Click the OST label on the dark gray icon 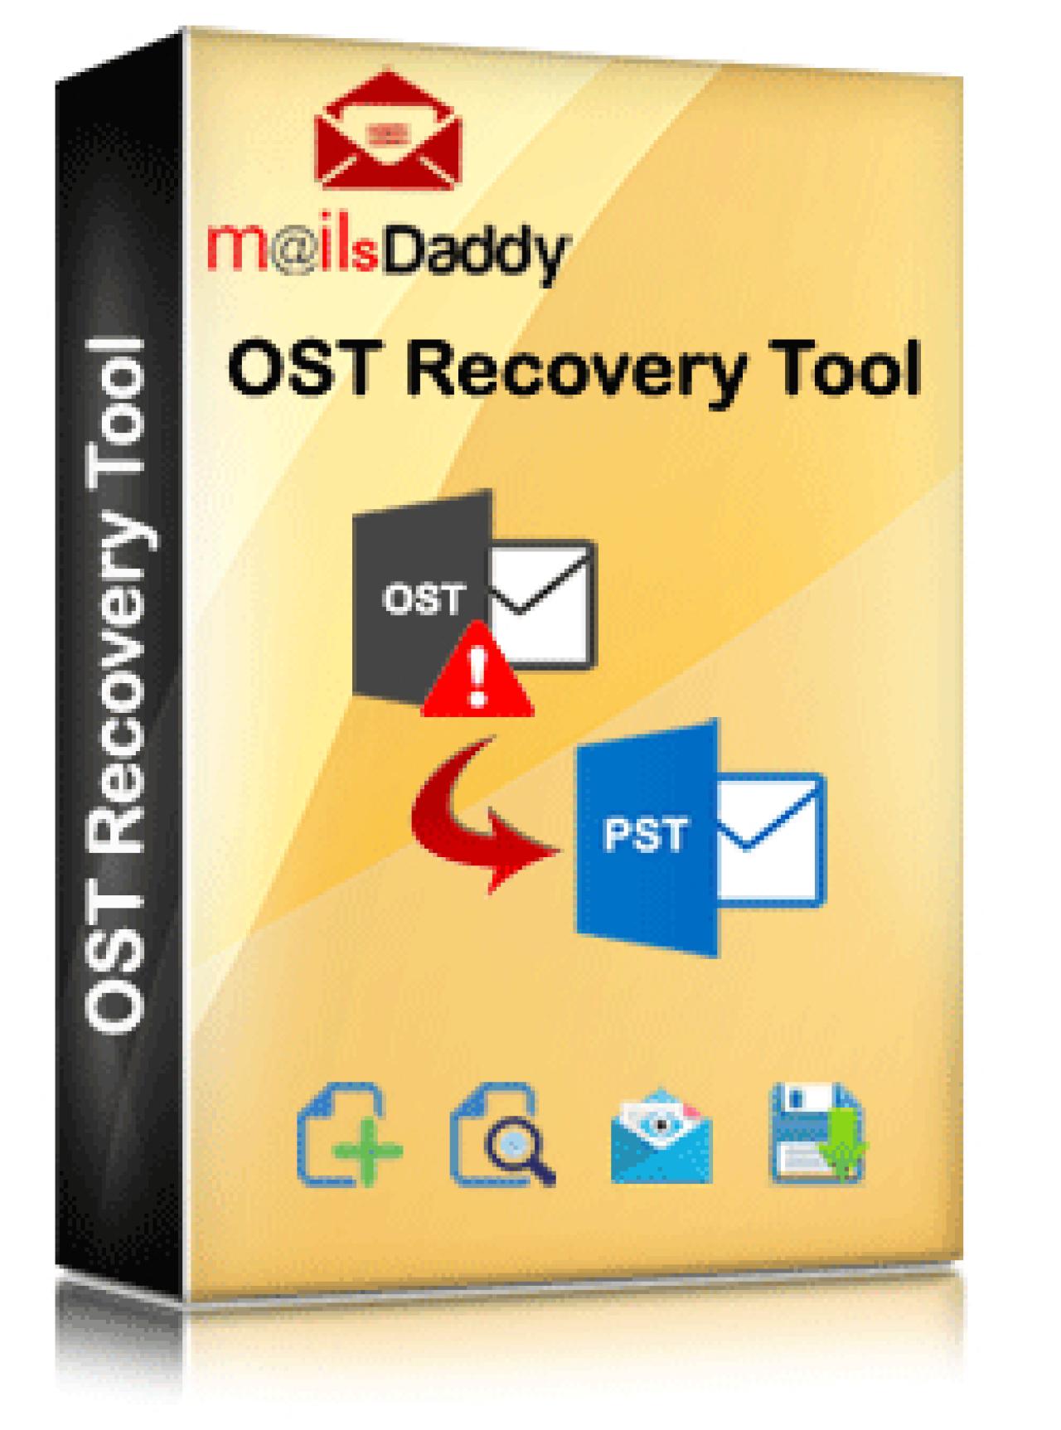pos(422,599)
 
